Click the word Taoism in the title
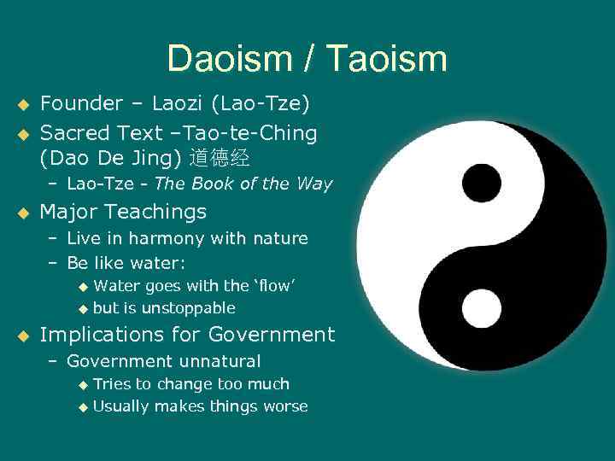click(386, 59)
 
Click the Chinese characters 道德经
click(220, 158)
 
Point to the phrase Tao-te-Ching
click(255, 133)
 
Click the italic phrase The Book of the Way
click(243, 184)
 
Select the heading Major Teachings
click(124, 211)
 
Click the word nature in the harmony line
click(278, 238)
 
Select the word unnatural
click(222, 361)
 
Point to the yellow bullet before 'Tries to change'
click(83, 385)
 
